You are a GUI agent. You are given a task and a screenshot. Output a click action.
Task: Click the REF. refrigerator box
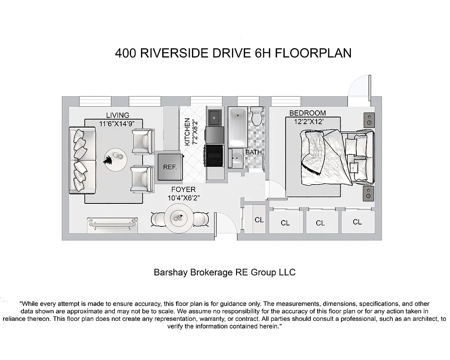tap(169, 167)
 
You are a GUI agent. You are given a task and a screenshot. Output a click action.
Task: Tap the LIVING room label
tap(118, 115)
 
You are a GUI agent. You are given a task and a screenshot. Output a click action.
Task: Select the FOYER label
tap(183, 189)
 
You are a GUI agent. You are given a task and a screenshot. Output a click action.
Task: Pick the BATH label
tap(254, 152)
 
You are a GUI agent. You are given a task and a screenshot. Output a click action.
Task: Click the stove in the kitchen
tap(214, 154)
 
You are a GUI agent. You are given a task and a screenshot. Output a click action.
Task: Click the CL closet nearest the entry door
tap(259, 220)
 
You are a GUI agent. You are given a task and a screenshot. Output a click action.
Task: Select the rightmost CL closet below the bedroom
tap(357, 222)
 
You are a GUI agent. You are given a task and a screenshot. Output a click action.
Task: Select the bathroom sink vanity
tap(236, 158)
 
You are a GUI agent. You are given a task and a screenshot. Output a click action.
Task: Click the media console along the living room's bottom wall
tap(112, 224)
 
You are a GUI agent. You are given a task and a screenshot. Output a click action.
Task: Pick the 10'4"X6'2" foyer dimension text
tap(183, 197)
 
